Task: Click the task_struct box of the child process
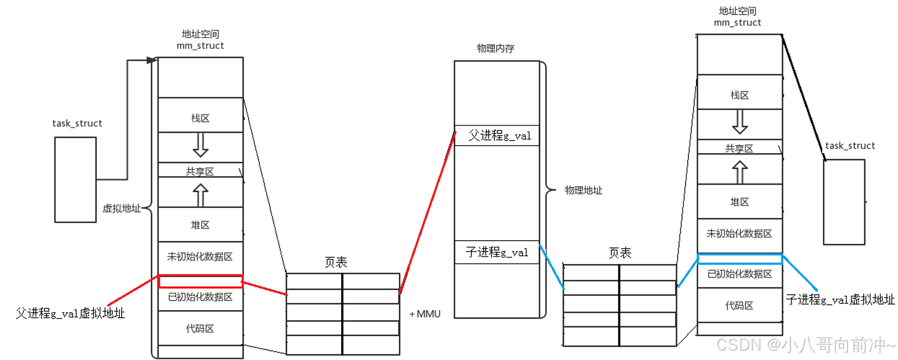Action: coord(844,202)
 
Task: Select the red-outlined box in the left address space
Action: coord(200,281)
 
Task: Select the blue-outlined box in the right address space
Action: coord(740,259)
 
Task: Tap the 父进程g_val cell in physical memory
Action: coord(497,136)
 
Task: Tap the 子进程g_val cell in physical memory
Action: coord(497,252)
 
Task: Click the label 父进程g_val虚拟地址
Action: coord(70,313)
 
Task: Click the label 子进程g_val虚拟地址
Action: coord(840,299)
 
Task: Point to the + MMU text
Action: coord(425,314)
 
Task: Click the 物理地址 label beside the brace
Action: coord(584,190)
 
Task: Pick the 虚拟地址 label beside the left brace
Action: coord(122,209)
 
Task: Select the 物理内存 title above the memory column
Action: coord(496,49)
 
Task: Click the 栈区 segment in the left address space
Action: coord(200,118)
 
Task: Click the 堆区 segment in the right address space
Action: coord(740,202)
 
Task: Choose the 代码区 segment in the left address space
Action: coord(200,329)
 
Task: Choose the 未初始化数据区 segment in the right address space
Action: coord(740,234)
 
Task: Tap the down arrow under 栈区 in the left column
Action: coord(200,146)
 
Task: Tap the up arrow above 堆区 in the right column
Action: coord(740,172)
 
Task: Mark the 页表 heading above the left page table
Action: coord(336,263)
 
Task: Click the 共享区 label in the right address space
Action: coord(739,149)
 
